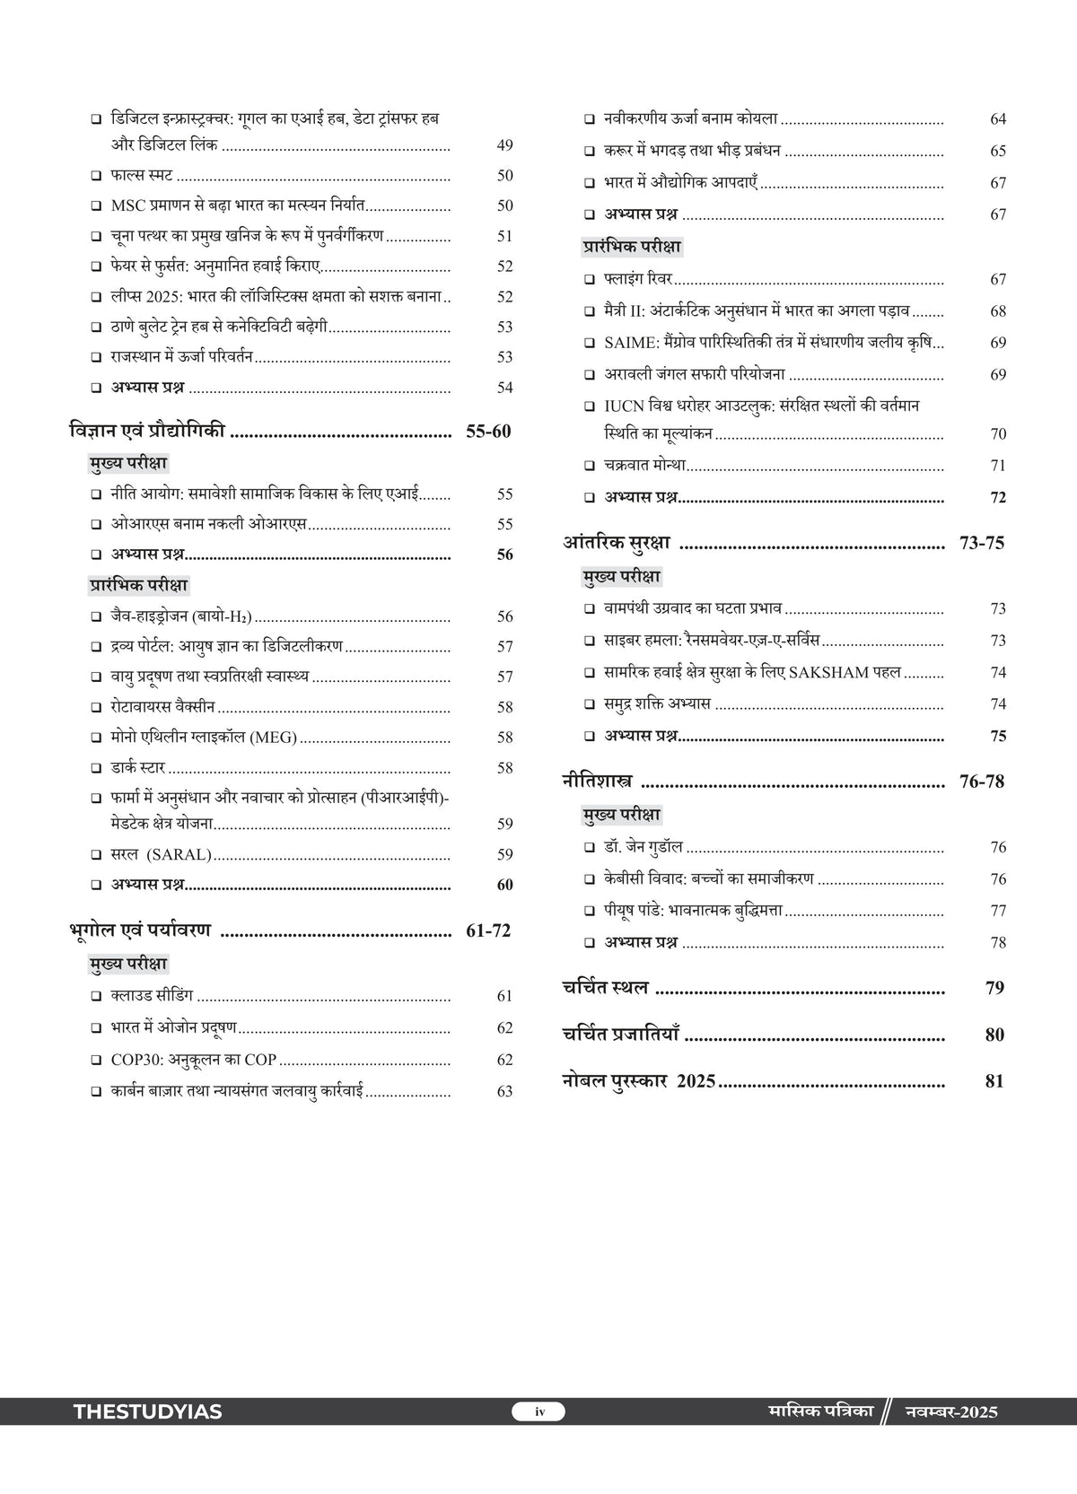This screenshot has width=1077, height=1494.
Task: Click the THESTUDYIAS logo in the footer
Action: (147, 1411)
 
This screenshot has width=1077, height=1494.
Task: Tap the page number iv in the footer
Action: (538, 1411)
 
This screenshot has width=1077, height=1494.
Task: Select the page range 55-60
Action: (488, 432)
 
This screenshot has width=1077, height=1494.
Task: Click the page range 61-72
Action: (488, 930)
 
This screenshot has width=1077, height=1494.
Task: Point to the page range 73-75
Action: (982, 543)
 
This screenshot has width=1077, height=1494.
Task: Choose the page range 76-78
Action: (982, 782)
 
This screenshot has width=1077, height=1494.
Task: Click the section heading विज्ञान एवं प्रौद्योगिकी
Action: (147, 431)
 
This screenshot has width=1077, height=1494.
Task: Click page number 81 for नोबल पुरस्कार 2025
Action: (994, 1081)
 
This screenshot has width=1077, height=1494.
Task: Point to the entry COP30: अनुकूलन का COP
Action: (194, 1060)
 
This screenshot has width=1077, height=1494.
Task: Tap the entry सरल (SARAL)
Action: (162, 854)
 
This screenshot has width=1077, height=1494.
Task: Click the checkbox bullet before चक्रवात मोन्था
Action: (589, 466)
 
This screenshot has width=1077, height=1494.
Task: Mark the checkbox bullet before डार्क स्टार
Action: (96, 768)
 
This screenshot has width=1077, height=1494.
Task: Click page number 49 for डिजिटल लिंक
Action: (504, 145)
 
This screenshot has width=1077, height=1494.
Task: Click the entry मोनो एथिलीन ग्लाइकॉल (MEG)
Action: (204, 738)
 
